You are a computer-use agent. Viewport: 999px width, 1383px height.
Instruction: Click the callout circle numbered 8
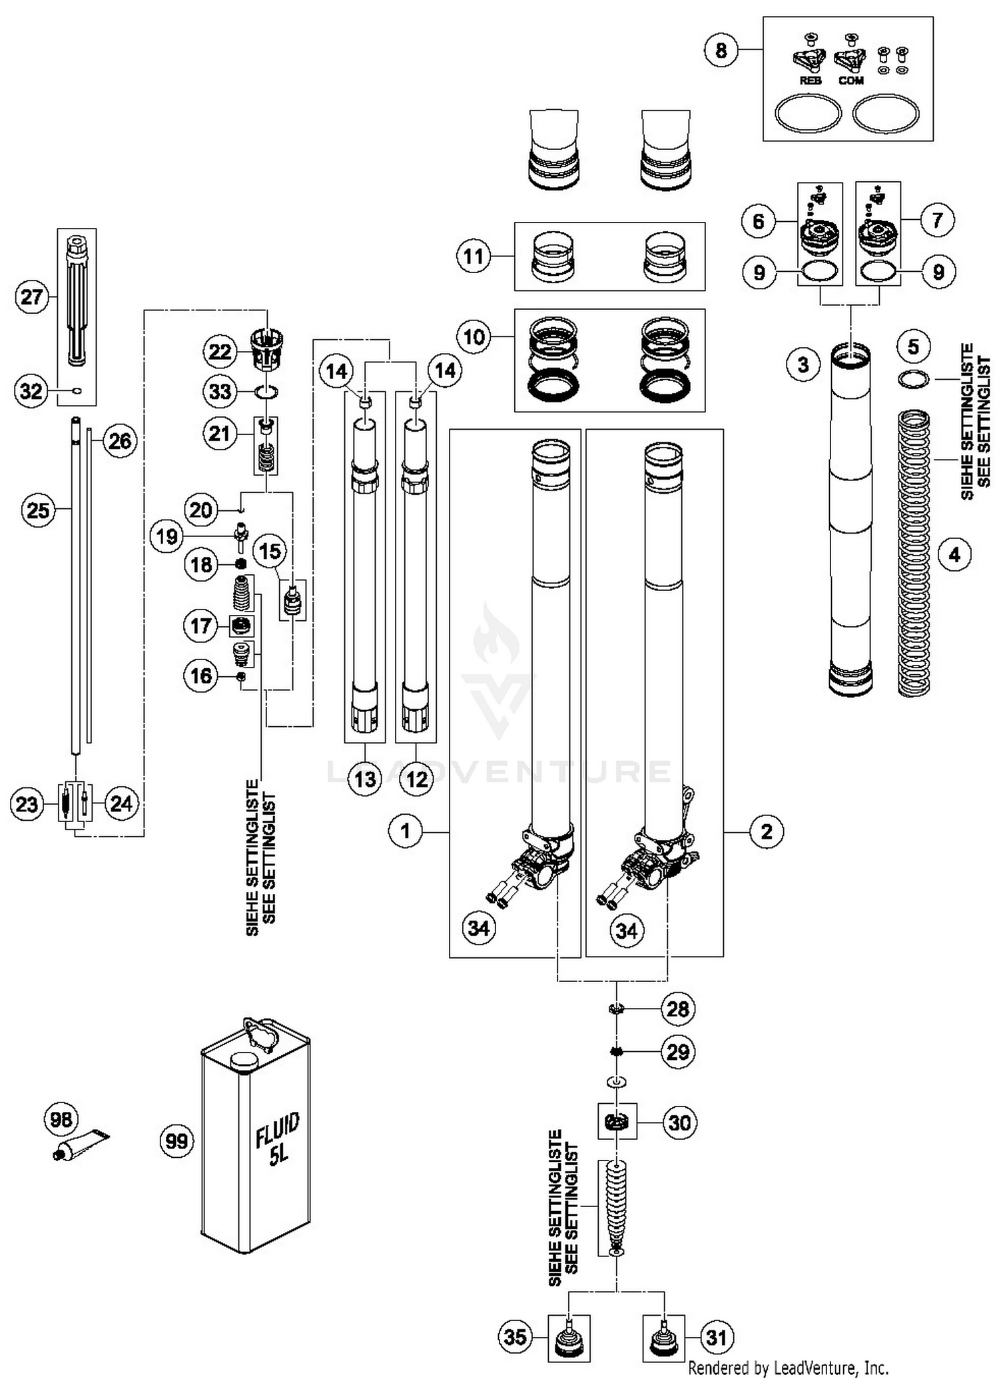[x=721, y=50]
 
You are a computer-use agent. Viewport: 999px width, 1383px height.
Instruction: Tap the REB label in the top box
[x=810, y=81]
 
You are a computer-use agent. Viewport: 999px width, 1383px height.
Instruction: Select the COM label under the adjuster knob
[x=851, y=81]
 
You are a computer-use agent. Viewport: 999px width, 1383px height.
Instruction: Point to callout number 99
[x=176, y=1141]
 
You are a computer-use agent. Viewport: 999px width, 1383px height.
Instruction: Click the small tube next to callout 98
[x=83, y=1144]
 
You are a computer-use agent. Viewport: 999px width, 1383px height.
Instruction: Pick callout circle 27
[x=32, y=297]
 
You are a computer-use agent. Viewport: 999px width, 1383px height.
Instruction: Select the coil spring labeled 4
[x=914, y=553]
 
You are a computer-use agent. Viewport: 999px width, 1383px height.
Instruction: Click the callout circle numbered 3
[x=803, y=364]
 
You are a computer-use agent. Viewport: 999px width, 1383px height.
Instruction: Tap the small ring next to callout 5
[x=913, y=380]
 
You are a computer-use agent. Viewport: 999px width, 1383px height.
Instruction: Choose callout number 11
[x=474, y=256]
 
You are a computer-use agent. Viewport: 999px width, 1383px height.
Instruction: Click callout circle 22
[x=220, y=352]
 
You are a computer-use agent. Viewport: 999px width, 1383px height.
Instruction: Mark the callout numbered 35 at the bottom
[x=515, y=1336]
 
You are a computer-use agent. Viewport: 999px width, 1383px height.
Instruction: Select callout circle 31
[x=716, y=1337]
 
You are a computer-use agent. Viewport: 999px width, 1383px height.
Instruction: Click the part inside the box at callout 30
[x=617, y=1123]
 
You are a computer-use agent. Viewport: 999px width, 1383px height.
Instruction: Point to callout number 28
[x=678, y=1009]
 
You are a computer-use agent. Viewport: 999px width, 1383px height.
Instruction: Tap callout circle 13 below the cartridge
[x=365, y=779]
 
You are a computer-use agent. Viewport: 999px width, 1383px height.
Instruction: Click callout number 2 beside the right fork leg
[x=767, y=831]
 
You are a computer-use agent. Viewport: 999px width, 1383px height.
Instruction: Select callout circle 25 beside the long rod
[x=38, y=510]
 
